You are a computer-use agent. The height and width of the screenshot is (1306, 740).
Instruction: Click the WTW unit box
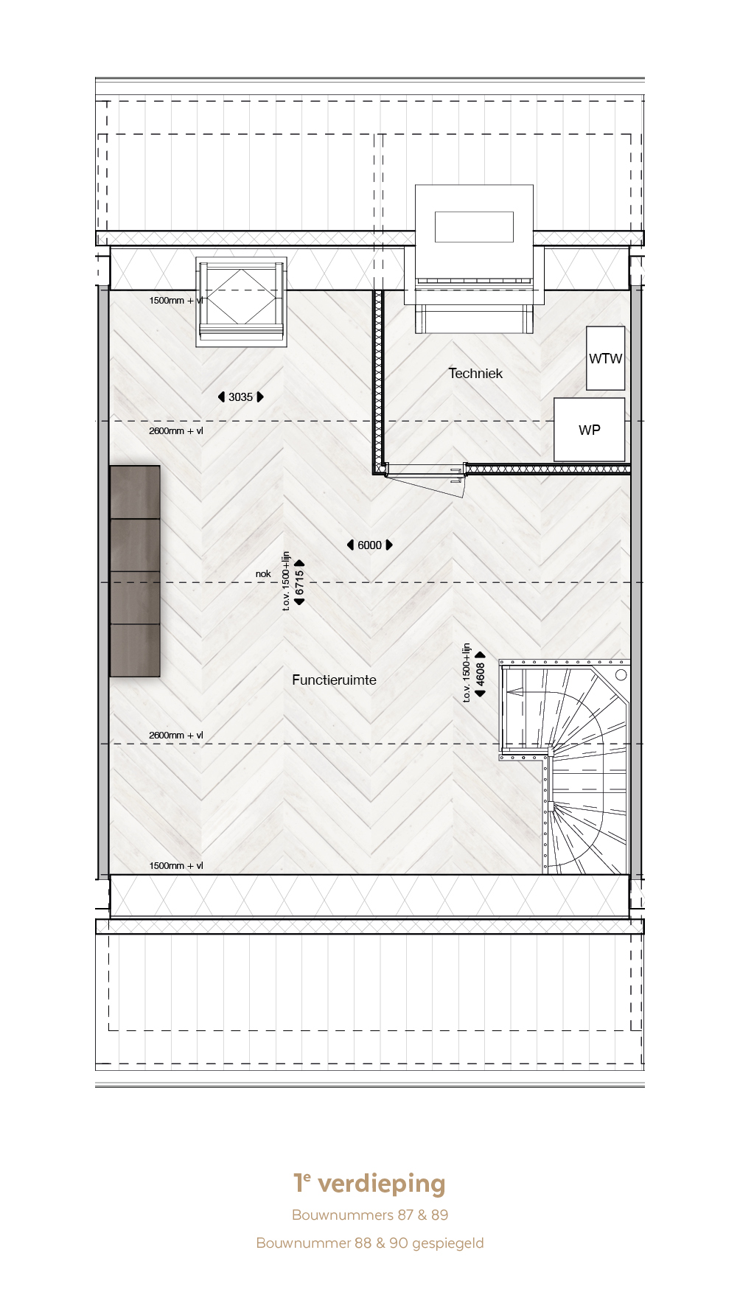606,358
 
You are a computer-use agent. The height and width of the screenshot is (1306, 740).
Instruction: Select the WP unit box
590,430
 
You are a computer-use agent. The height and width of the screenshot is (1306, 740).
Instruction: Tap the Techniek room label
475,373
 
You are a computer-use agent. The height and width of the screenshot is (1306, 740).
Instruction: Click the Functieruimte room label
334,680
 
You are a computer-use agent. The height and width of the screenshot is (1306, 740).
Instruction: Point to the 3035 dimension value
240,397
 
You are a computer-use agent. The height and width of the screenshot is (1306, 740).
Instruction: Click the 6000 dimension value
369,545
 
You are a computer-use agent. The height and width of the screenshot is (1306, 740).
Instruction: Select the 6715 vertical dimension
299,582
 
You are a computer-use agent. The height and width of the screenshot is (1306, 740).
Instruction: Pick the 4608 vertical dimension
481,674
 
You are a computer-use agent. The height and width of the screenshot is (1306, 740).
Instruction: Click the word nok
263,573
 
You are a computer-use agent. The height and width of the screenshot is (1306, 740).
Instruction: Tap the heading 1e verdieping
369,1183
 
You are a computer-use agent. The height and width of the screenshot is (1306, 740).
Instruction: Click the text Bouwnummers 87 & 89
370,1215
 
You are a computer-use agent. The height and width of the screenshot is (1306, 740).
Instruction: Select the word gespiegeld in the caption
448,1243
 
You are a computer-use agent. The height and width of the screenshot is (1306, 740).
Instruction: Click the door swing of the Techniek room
426,485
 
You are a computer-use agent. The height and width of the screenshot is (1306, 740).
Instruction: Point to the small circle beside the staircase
621,674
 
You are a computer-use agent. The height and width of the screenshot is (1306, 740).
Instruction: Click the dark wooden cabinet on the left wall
135,571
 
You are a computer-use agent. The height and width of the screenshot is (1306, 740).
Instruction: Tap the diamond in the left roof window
242,297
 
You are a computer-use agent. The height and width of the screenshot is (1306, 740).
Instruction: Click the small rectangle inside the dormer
474,226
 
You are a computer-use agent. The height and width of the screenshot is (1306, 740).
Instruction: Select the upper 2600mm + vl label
176,430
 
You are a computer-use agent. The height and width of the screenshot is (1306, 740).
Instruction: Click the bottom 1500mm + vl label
176,865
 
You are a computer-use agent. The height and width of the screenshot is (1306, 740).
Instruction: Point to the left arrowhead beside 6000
350,545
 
